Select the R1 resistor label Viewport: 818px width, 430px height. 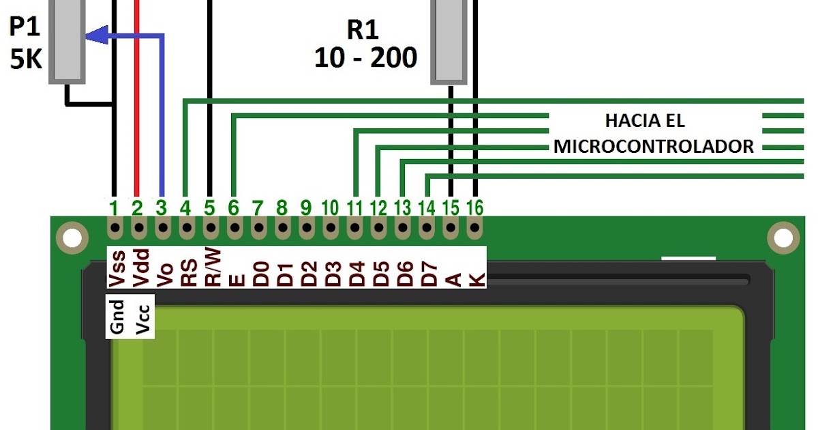point(363,29)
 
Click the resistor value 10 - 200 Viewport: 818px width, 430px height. point(365,58)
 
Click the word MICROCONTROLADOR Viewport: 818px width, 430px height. point(653,147)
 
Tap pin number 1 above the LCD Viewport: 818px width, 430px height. point(114,206)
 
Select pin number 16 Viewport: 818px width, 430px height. point(474,206)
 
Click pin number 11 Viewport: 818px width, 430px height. point(354,206)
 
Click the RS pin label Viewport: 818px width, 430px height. point(188,271)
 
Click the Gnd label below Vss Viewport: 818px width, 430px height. point(117,317)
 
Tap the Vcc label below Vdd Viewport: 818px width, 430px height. point(142,317)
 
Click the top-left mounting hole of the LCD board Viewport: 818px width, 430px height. point(70,238)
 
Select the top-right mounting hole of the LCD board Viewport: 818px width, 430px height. point(782,238)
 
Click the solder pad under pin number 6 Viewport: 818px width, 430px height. point(234,227)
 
